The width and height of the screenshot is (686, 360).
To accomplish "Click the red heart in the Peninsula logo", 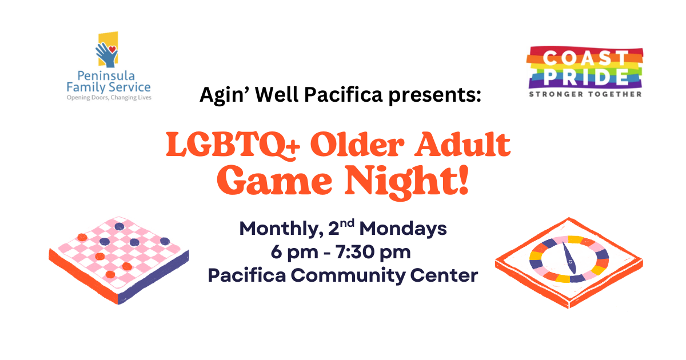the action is tap(113, 49).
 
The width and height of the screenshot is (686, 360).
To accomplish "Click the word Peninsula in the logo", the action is tap(106, 76).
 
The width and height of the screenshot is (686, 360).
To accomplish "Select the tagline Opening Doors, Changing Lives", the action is tap(109, 98).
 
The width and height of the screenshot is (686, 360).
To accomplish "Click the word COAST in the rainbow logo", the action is tap(585, 58).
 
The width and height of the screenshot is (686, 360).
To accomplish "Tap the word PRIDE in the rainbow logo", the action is tap(586, 77).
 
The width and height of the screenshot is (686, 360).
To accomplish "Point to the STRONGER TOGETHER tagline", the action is tap(585, 94).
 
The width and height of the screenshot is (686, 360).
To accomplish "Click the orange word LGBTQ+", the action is tap(233, 145).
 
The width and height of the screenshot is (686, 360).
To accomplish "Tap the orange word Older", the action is tap(357, 144).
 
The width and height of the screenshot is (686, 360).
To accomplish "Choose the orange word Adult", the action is tap(462, 144).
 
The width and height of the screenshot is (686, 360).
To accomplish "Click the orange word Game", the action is tap(274, 181).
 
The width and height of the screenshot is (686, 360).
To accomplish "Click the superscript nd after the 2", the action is tap(348, 223).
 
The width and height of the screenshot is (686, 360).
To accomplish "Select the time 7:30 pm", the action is tap(373, 253).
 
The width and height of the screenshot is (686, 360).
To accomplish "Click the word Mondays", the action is tap(403, 229).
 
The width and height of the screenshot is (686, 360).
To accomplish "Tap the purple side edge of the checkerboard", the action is tap(153, 277).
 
